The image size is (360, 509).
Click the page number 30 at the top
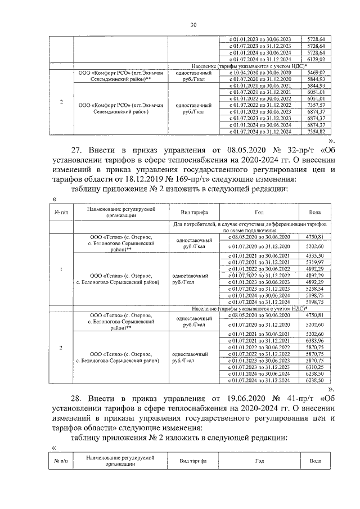click(x=193, y=25)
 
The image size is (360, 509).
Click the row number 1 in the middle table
click(x=61, y=268)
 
